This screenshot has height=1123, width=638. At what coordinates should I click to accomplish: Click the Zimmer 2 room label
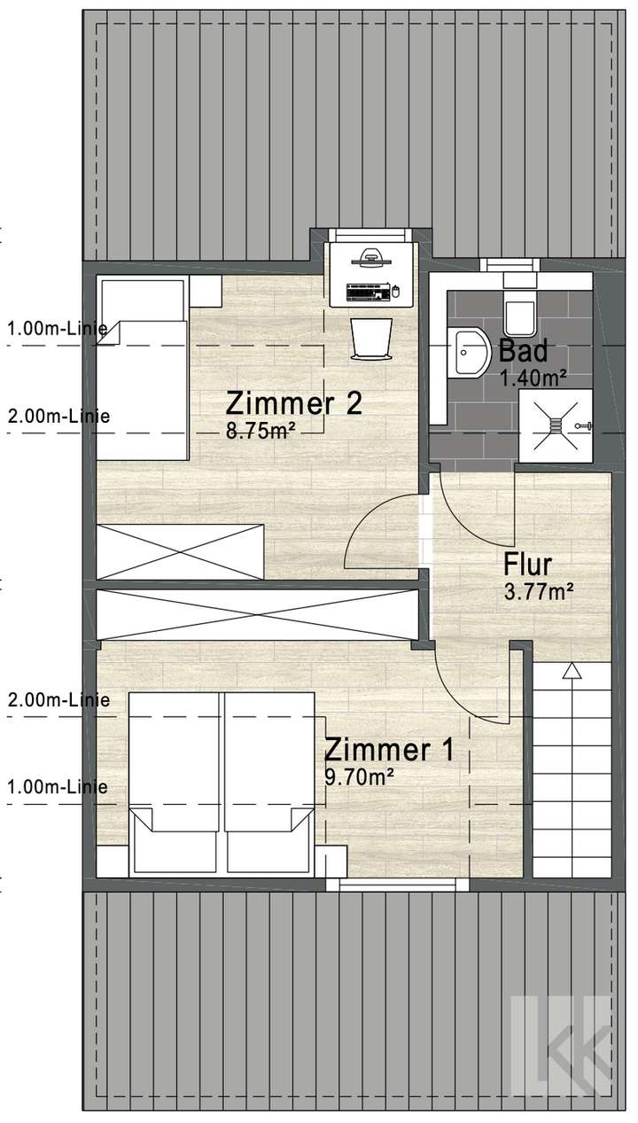(x=293, y=403)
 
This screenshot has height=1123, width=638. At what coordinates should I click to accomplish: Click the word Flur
(x=528, y=564)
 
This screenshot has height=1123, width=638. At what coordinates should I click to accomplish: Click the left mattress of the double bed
(x=174, y=780)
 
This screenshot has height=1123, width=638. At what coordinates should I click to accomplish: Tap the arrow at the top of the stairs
(x=572, y=671)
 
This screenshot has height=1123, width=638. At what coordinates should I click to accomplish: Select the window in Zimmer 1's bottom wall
(x=397, y=883)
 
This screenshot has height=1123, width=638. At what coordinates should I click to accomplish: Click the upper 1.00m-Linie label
(x=58, y=329)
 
